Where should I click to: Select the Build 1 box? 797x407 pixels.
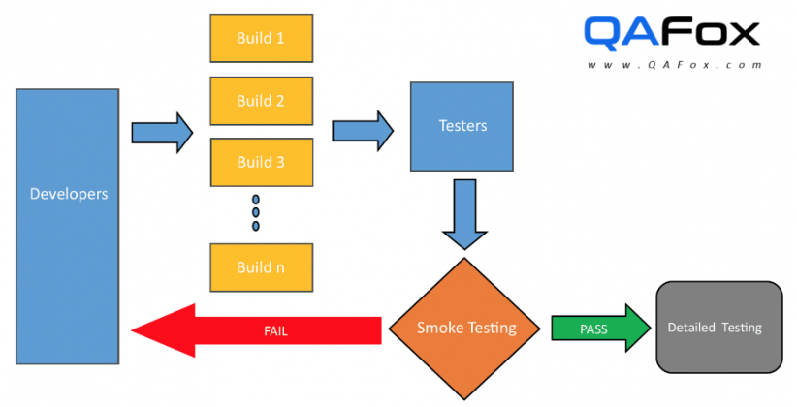coord(261,39)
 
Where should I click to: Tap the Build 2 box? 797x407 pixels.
coord(261,101)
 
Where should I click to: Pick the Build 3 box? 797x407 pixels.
coord(261,162)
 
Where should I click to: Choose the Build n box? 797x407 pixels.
coord(261,267)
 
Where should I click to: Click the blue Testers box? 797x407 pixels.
coord(462,126)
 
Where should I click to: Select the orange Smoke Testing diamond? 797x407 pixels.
coord(466,328)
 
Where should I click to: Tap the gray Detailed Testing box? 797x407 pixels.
coord(718,328)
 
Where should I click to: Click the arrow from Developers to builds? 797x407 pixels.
coord(162,132)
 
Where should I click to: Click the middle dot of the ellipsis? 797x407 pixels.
coord(256,211)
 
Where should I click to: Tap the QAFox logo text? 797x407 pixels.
coord(672,34)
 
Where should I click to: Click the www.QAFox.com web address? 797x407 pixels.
coord(672,65)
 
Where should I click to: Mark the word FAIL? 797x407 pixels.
coord(275,331)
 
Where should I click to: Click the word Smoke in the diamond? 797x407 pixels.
coord(440,328)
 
